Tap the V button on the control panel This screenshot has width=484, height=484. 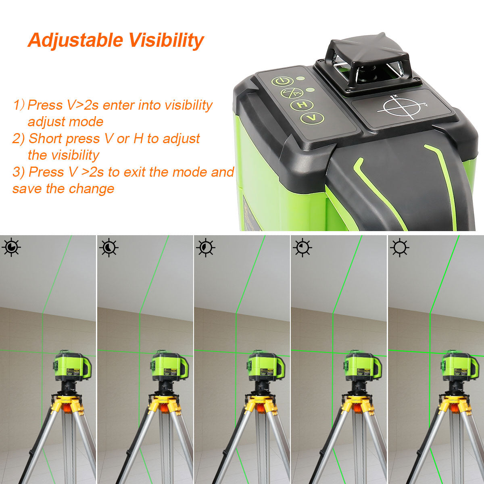tap(312, 118)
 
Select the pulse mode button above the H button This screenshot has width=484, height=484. tap(292, 93)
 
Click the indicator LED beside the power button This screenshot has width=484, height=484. tap(300, 78)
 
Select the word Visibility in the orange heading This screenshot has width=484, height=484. tap(166, 40)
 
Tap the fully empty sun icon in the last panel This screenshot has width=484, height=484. tap(400, 247)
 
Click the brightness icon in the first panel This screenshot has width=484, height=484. tap(11, 247)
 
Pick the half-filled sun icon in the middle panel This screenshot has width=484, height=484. tap(206, 247)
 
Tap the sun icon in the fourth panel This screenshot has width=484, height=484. tap(302, 247)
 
